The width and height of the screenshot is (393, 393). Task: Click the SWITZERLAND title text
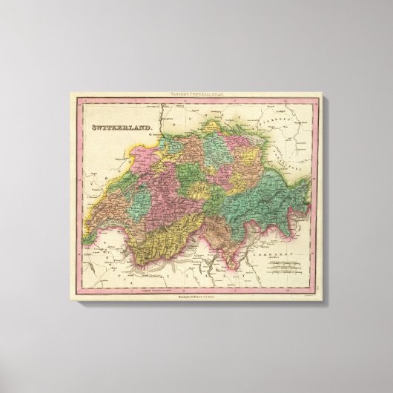point(119,128)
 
